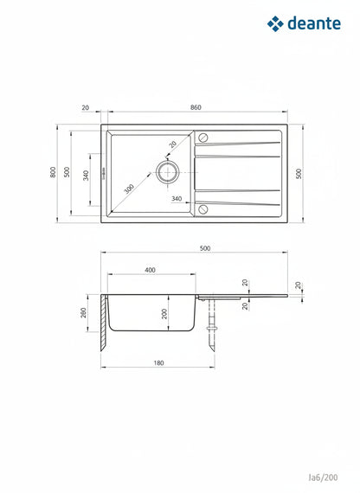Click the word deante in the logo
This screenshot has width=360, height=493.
point(314,23)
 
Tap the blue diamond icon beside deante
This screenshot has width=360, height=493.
point(275,24)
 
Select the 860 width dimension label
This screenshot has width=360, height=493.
point(196,107)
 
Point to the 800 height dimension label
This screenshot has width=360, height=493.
point(53,172)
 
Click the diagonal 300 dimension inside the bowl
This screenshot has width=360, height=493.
point(129,189)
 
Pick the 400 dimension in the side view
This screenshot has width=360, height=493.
point(150,270)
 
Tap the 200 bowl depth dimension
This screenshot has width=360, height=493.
point(164,313)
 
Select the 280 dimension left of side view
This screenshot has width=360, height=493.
point(83,312)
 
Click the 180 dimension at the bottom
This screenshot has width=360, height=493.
point(158,363)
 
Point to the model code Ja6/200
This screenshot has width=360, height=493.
point(323,477)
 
